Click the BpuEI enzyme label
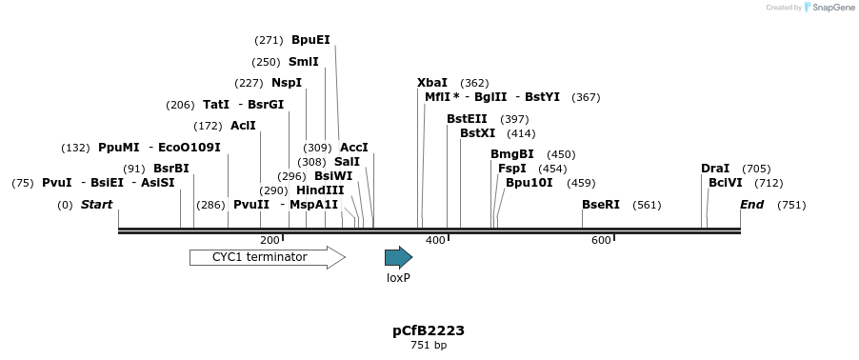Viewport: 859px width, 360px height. (x=310, y=40)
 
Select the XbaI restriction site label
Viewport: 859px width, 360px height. (x=432, y=83)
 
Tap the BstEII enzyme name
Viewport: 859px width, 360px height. (x=467, y=119)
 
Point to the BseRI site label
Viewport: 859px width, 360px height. (x=601, y=205)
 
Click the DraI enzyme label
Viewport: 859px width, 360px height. (x=715, y=169)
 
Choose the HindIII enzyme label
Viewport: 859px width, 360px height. (x=320, y=190)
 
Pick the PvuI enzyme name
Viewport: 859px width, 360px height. (x=57, y=183)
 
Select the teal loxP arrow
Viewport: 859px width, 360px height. (x=398, y=257)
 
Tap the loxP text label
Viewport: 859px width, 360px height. (x=398, y=278)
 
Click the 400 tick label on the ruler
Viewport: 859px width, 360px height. (x=435, y=240)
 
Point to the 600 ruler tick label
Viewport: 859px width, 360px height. (x=601, y=240)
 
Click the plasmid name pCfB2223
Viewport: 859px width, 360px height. (x=429, y=330)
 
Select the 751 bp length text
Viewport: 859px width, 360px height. (x=429, y=346)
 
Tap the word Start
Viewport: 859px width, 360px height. (x=96, y=205)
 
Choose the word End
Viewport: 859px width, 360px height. (x=752, y=205)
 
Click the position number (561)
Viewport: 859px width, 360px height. (x=647, y=205)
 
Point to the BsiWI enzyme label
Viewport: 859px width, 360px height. (x=333, y=176)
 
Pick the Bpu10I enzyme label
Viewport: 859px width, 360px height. (x=529, y=183)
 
